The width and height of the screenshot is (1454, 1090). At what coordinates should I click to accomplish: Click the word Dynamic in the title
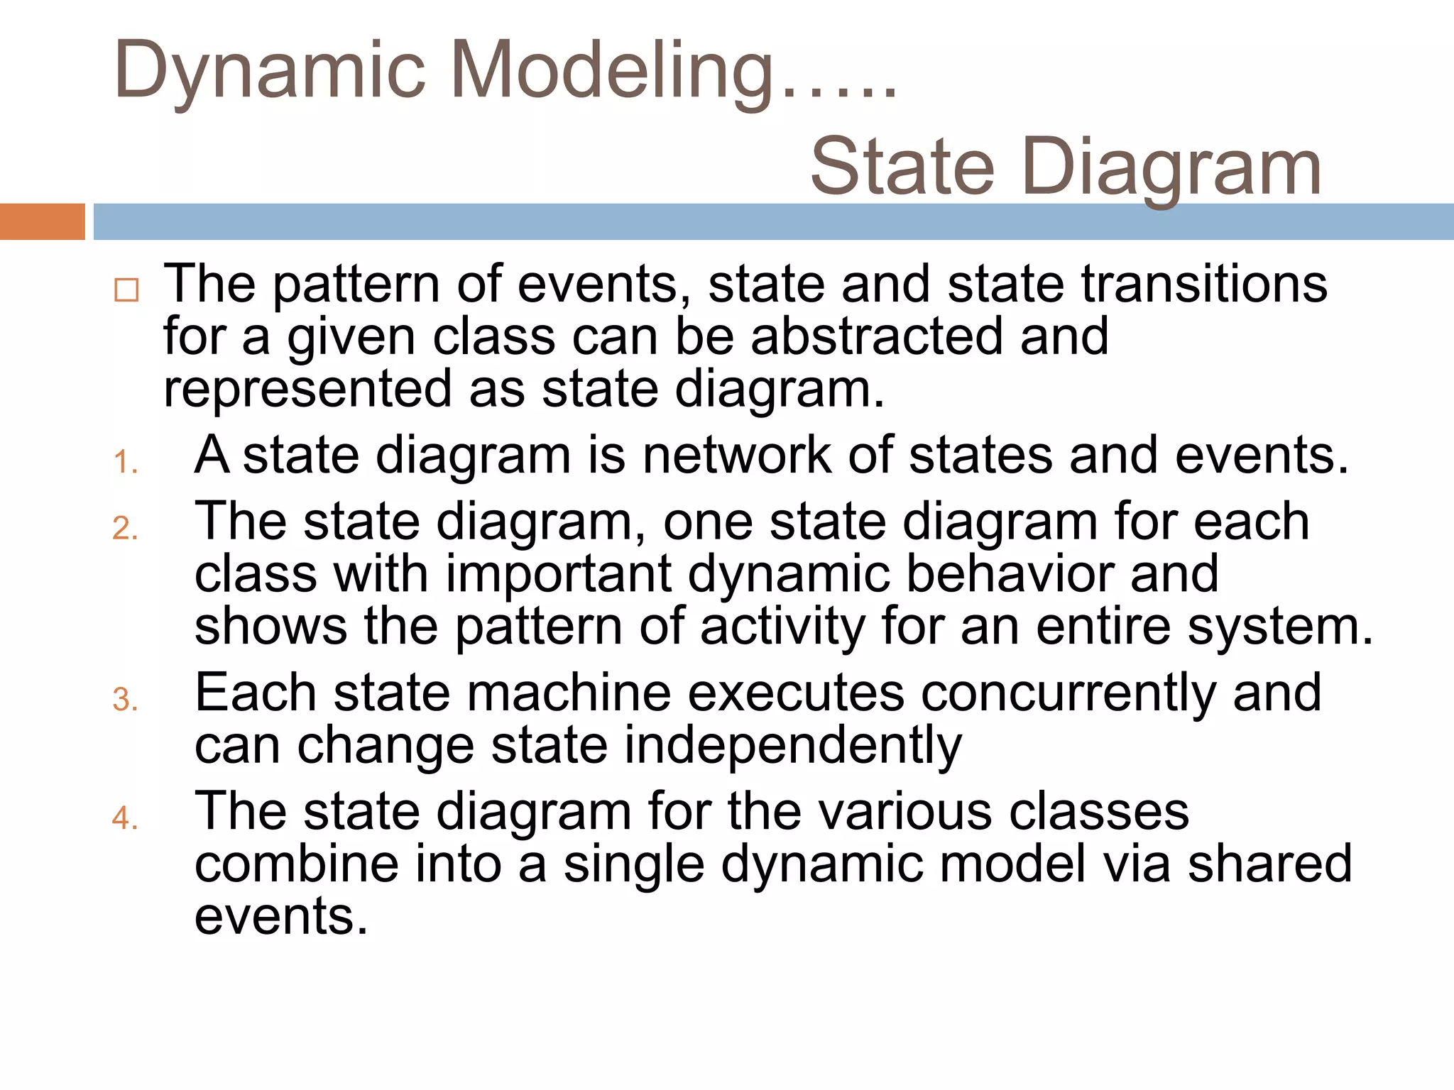click(270, 71)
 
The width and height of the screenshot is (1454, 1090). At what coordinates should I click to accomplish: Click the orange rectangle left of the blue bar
click(42, 221)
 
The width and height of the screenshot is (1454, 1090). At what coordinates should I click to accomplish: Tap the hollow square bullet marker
click(126, 290)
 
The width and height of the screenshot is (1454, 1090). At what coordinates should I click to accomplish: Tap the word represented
click(307, 389)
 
